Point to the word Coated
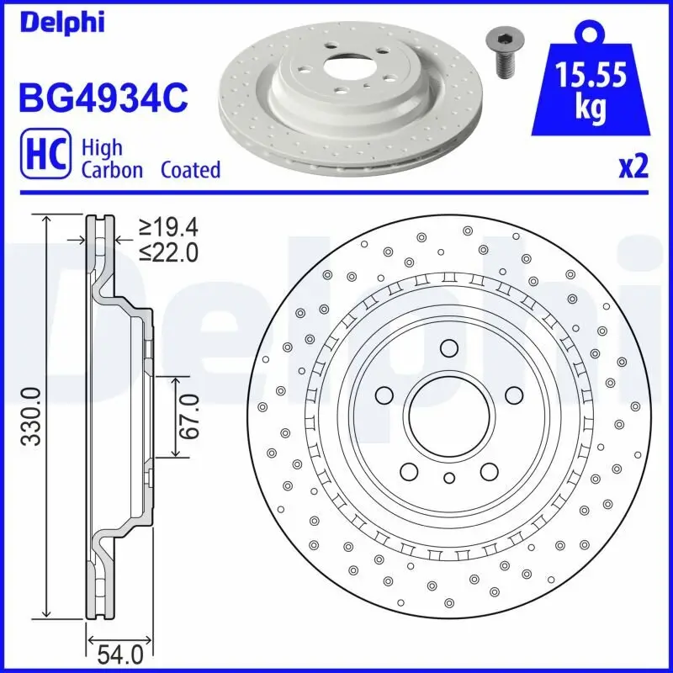coord(190,170)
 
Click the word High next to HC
coord(101,147)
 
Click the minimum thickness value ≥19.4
coord(168,226)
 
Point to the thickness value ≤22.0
coord(168,252)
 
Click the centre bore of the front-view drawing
coord(448,414)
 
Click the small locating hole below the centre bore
coord(448,478)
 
